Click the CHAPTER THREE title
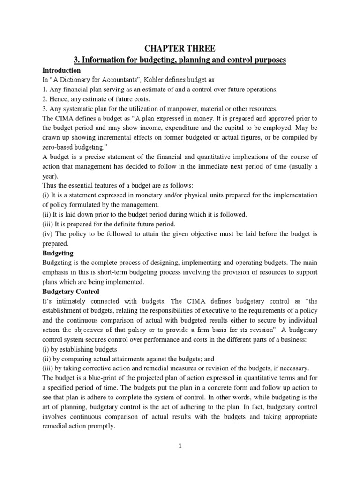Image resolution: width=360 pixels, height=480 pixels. tap(180, 48)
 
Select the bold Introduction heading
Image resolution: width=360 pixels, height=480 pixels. tap(62, 70)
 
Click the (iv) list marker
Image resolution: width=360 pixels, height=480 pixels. tap(49, 234)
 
